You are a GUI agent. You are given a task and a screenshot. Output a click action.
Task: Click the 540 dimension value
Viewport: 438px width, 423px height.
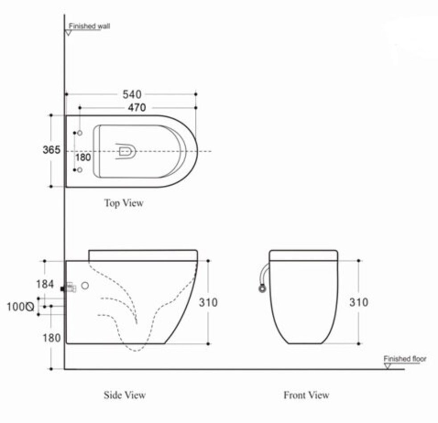pos(132,94)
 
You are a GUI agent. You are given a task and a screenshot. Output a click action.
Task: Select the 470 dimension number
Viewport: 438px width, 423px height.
pos(137,107)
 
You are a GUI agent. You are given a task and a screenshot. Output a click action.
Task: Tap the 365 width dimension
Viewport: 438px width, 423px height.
pos(51,150)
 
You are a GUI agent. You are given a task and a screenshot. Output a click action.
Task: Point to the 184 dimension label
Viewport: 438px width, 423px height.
pos(45,284)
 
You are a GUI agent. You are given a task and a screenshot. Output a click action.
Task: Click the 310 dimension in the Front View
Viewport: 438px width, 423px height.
pos(359,302)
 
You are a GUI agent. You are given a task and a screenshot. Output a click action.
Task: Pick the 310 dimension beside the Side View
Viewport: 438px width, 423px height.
pos(208,302)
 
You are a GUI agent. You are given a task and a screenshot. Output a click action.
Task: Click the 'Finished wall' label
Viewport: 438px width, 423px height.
pos(90,26)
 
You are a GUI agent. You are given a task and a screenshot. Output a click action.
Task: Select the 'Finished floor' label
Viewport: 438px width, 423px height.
pos(405,358)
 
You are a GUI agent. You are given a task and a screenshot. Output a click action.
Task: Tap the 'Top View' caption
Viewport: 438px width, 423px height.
pos(124,203)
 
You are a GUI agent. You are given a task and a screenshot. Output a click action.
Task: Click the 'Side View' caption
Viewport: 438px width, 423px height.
pos(125,395)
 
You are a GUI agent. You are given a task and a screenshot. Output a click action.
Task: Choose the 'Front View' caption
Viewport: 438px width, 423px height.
pos(307,395)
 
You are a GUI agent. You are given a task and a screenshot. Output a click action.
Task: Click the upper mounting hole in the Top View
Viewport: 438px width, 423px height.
pos(80,133)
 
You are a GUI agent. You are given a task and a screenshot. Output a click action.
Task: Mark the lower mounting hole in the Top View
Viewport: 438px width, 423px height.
pos(80,170)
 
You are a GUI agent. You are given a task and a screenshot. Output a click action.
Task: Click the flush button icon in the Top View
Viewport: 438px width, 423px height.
pos(126,151)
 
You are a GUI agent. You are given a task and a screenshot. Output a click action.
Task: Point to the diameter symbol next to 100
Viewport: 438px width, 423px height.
pos(30,307)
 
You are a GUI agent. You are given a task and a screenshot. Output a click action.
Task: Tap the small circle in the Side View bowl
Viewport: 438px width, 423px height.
pos(85,285)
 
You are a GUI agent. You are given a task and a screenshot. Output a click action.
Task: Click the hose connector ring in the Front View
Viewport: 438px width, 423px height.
pos(262,288)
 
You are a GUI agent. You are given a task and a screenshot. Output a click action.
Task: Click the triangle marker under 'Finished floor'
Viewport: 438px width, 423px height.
pos(388,366)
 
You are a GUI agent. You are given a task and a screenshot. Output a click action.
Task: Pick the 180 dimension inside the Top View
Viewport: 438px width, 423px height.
pos(83,158)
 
